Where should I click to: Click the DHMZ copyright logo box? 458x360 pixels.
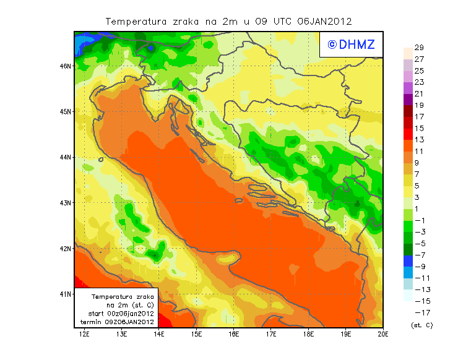[351, 45]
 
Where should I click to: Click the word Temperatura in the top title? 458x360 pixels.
[137, 21]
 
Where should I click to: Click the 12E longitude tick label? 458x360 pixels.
[84, 335]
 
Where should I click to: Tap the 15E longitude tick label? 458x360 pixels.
[197, 335]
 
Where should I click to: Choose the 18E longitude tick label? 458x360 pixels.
[309, 335]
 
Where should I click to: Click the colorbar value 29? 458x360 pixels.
[419, 48]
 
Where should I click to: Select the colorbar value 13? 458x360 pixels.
[419, 140]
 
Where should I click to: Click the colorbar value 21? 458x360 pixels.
[419, 94]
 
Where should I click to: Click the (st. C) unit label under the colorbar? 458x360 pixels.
[421, 325]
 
